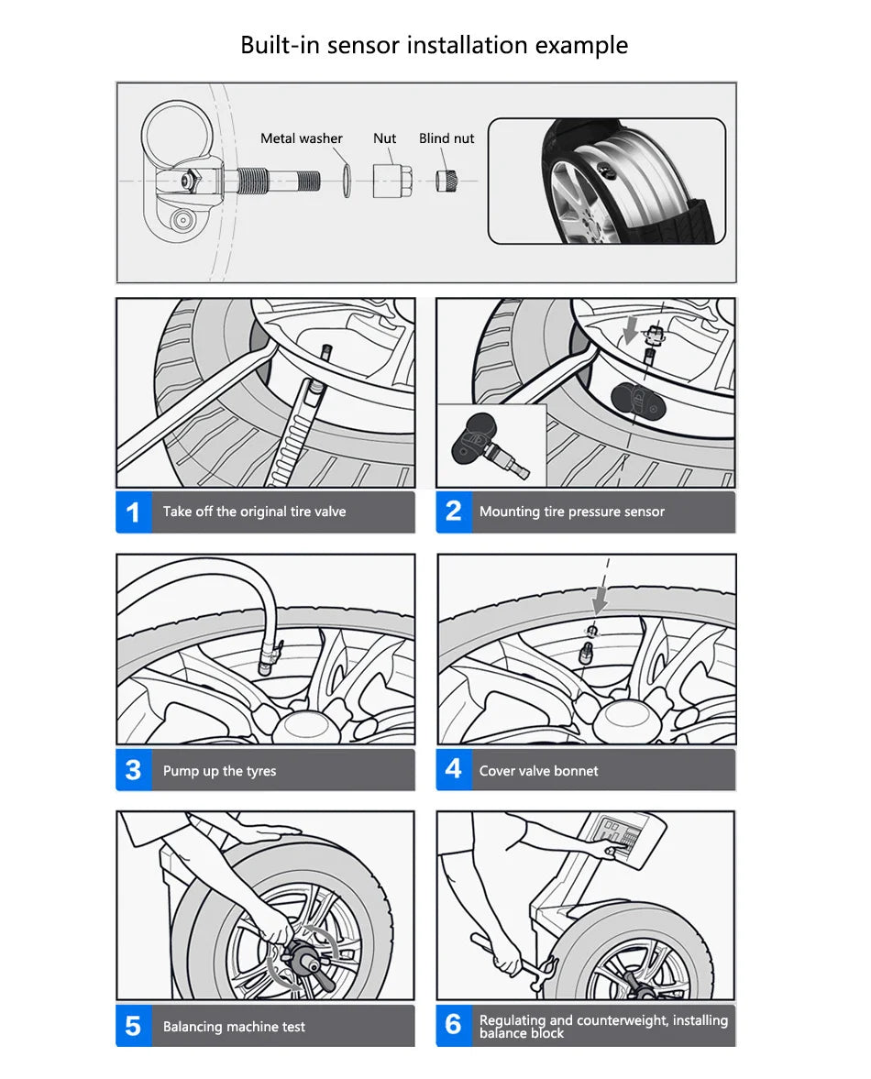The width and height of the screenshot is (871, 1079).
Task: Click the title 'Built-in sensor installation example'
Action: pos(434,45)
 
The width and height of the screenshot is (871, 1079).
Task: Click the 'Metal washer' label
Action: pos(301,138)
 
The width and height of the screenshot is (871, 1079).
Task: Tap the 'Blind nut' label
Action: pos(447,138)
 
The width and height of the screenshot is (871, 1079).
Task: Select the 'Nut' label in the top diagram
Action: pos(384,138)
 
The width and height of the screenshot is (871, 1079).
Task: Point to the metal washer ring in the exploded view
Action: pos(344,180)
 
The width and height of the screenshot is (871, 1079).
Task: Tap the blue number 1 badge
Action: pos(133,512)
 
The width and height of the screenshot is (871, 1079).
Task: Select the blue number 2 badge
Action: pos(453,512)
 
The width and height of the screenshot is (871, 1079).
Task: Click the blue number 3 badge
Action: pos(133,770)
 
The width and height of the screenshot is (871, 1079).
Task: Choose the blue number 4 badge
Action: pos(453,770)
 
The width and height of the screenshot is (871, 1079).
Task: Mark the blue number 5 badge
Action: pos(133,1026)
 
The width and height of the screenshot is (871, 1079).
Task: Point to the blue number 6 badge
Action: pos(453,1026)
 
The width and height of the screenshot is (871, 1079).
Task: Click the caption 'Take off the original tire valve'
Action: pos(254,512)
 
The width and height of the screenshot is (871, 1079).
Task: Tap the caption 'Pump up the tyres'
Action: pos(219,771)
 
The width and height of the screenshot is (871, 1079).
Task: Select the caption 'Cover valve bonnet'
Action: pos(538,771)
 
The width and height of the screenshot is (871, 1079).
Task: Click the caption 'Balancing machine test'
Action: pos(234,1027)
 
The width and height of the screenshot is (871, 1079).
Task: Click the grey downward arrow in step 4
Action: pos(600,600)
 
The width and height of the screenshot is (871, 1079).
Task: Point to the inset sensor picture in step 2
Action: pos(490,446)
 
